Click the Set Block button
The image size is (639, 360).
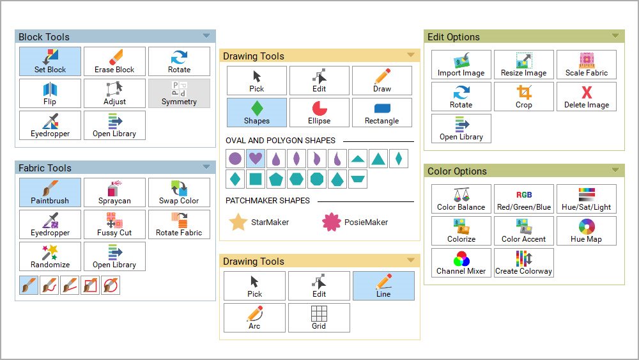50,61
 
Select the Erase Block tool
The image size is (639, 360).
114,61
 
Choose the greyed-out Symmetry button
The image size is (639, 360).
180,93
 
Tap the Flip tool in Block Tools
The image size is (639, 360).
50,93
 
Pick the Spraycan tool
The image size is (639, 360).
114,192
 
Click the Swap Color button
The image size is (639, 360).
180,192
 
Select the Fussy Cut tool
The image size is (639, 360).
114,224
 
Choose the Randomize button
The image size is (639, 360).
50,256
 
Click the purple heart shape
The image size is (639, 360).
256,158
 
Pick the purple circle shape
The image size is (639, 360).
235,158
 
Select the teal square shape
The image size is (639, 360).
256,179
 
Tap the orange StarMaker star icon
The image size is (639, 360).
238,222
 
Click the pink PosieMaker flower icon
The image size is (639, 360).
331,222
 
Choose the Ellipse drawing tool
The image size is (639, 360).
319,113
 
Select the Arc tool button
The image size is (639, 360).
255,318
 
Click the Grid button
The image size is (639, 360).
319,318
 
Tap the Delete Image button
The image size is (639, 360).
587,97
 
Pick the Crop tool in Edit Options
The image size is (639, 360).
524,97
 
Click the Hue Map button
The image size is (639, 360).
587,231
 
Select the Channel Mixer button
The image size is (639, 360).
461,263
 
